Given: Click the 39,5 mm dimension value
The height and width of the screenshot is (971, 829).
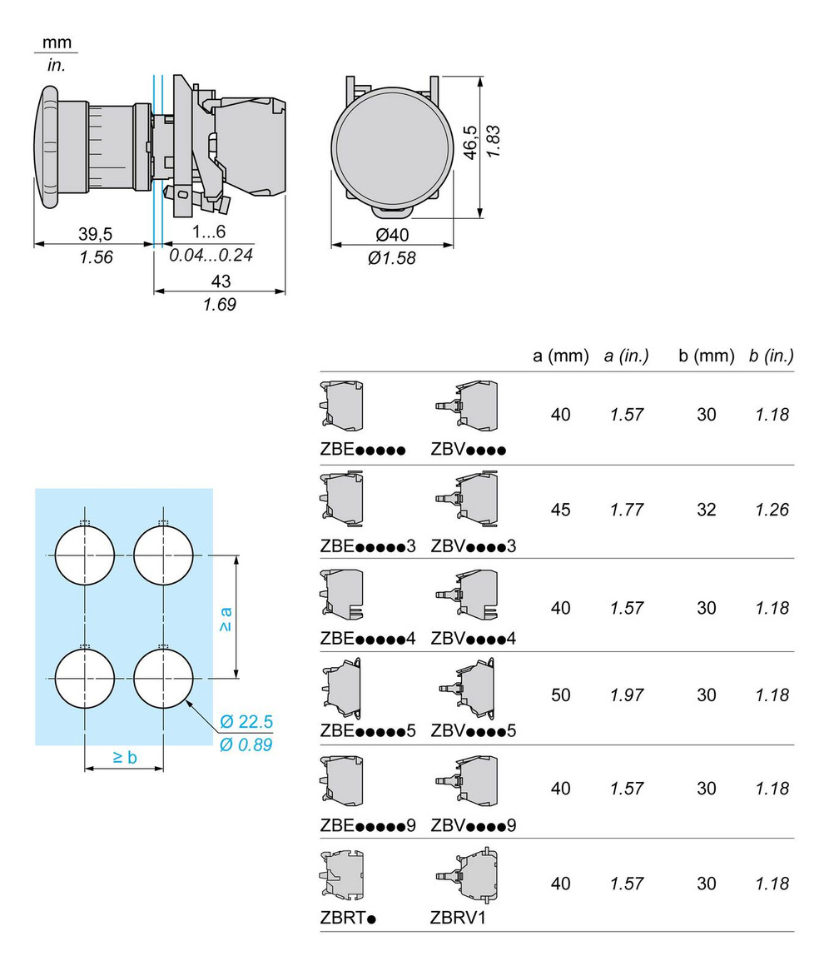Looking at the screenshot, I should click(x=96, y=234).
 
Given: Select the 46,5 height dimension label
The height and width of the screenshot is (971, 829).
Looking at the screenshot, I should click(x=471, y=142).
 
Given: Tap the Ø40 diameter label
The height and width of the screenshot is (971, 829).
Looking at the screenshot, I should click(x=391, y=235).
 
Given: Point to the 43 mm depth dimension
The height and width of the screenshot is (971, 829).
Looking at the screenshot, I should click(x=221, y=281).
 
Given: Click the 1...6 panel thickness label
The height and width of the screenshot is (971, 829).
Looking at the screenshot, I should click(x=210, y=232).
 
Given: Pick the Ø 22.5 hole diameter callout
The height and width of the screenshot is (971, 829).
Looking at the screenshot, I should click(x=246, y=721).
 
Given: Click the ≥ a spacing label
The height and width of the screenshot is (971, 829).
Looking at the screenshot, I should click(x=226, y=619).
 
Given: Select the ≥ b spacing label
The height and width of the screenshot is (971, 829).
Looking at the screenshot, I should click(x=124, y=756).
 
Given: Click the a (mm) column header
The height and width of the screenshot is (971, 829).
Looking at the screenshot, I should click(x=560, y=356).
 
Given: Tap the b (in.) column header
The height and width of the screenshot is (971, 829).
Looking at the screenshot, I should click(x=770, y=356).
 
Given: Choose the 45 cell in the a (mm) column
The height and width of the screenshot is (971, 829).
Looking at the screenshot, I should click(x=560, y=510).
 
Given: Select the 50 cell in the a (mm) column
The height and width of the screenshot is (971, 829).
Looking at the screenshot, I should click(x=560, y=695).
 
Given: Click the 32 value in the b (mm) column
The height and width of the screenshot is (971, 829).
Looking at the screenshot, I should click(x=706, y=510).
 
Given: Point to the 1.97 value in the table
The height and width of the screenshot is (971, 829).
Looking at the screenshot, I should click(x=626, y=695).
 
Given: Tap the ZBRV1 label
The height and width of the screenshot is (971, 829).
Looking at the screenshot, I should click(x=458, y=919).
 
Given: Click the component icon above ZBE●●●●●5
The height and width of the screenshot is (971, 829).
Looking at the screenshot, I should click(x=342, y=689).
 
